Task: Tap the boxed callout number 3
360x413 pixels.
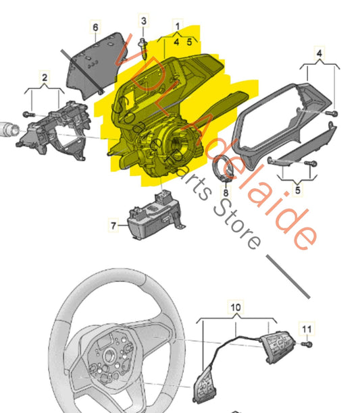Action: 143,22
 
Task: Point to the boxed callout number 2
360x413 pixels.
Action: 44,78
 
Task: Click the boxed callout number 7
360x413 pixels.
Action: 113,225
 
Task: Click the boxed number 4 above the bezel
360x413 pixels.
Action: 319,52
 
